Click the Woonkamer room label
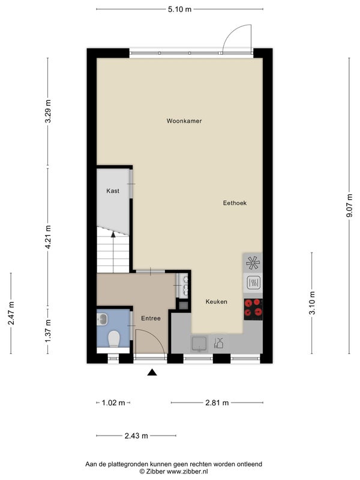pyautogui.click(x=184, y=121)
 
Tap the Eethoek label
pyautogui.click(x=235, y=203)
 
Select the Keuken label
pyautogui.click(x=217, y=302)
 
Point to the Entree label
pyautogui.click(x=151, y=319)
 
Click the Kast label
pyautogui.click(x=113, y=191)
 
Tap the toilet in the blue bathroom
pyautogui.click(x=113, y=339)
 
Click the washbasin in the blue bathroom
pyautogui.click(x=102, y=319)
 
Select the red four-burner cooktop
pyautogui.click(x=253, y=308)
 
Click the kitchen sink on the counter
pyautogui.click(x=199, y=344)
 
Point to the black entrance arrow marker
pyautogui.click(x=152, y=372)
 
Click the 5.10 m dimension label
pyautogui.click(x=179, y=9)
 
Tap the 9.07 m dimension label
pyautogui.click(x=349, y=206)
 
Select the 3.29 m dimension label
pyautogui.click(x=48, y=112)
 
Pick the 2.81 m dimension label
pyautogui.click(x=217, y=403)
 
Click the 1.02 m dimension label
pyautogui.click(x=113, y=403)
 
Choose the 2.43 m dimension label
pyautogui.click(x=136, y=436)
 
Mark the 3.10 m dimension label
pyautogui.click(x=312, y=303)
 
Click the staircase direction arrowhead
pyautogui.click(x=113, y=235)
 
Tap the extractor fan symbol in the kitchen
pyautogui.click(x=253, y=262)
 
